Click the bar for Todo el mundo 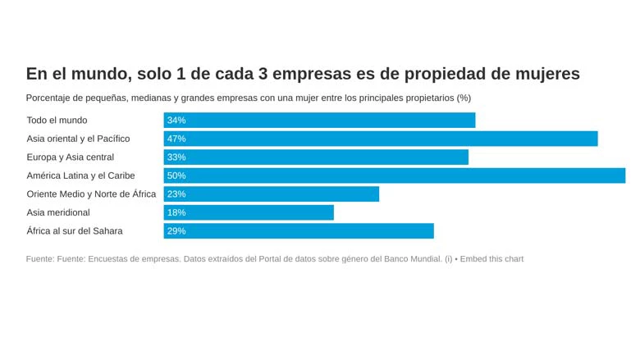[319, 121]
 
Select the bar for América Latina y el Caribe [394, 175]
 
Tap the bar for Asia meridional [249, 212]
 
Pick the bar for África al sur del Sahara [299, 231]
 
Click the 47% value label [176, 139]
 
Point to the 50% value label [176, 175]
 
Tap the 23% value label [176, 194]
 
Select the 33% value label [176, 157]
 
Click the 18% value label [176, 212]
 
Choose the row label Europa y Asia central [70, 157]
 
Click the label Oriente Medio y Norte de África [91, 194]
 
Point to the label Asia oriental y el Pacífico [78, 139]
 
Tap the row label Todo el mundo [57, 121]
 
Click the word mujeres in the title [541, 74]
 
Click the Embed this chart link [491, 259]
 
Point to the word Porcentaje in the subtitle [51, 98]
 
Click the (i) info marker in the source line [449, 259]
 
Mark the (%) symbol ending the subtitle [464, 98]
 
